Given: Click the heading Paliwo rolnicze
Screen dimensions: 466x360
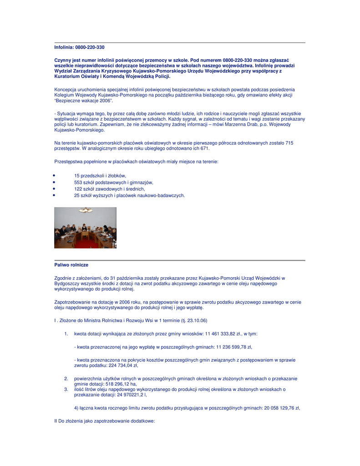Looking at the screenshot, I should click(x=71, y=265).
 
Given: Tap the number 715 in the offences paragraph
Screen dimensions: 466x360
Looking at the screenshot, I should click(x=289, y=143).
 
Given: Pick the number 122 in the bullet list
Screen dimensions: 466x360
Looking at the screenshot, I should click(x=78, y=189).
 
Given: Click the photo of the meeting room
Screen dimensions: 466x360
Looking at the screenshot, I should click(x=85, y=228).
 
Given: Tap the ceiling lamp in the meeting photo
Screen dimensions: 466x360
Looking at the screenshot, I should click(x=86, y=210).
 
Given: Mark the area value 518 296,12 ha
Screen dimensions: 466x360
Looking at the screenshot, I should click(x=121, y=384).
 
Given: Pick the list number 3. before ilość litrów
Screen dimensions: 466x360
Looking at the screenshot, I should click(x=66, y=389).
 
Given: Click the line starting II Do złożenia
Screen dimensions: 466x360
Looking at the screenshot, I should click(x=104, y=421).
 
